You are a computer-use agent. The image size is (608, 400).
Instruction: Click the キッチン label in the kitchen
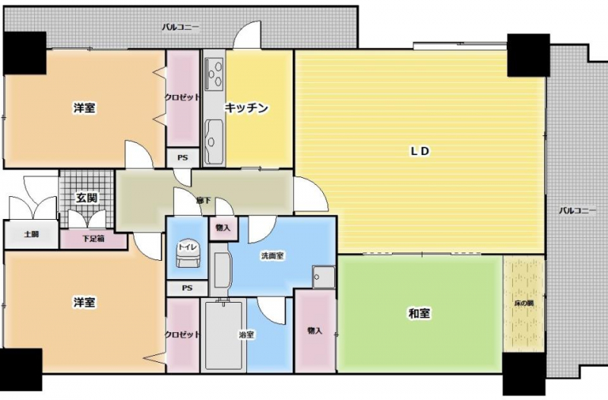click(x=246, y=108)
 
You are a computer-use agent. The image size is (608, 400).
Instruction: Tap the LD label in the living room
click(x=420, y=151)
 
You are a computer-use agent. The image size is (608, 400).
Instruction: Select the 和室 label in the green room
click(x=420, y=313)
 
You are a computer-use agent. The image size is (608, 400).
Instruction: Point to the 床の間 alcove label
click(x=524, y=303)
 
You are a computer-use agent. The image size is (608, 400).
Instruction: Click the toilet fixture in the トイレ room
click(x=188, y=253)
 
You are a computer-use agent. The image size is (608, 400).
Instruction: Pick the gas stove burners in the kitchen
click(x=214, y=73)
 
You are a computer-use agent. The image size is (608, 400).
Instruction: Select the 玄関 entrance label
click(x=87, y=198)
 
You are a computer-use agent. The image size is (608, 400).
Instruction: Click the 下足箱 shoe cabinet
click(x=93, y=239)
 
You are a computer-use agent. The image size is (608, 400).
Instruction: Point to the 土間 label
click(x=31, y=234)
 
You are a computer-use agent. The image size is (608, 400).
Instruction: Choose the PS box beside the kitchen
click(x=182, y=157)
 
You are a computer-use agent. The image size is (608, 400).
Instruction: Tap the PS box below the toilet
click(x=187, y=288)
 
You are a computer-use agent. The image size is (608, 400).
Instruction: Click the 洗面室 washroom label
click(x=273, y=256)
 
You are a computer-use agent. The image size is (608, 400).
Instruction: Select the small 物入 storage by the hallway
click(x=223, y=228)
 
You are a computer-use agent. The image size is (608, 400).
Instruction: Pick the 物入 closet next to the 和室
click(x=315, y=331)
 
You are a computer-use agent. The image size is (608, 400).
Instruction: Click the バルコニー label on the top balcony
click(x=180, y=27)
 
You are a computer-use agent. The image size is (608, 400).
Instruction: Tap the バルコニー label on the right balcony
click(x=578, y=211)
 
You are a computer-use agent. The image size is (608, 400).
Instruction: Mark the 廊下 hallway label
click(x=204, y=201)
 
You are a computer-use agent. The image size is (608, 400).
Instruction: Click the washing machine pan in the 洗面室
click(x=324, y=277)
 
